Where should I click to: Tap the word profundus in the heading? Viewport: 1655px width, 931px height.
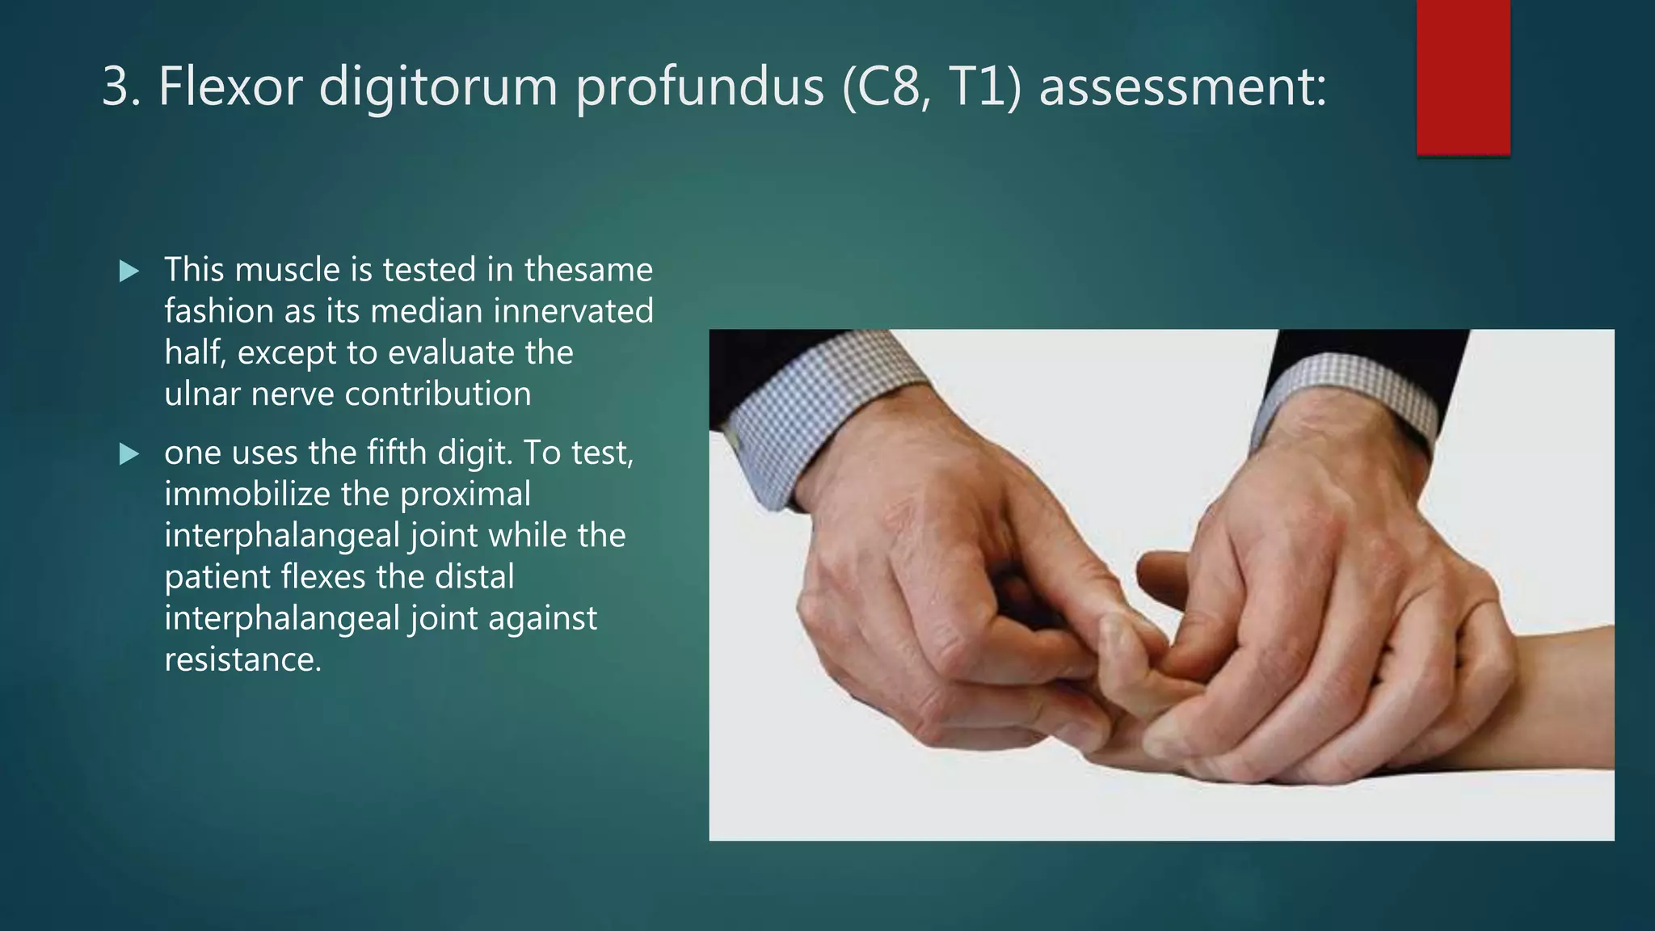[700, 86]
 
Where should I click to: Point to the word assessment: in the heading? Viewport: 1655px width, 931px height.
[1182, 86]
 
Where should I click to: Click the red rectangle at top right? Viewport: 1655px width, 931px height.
[1463, 77]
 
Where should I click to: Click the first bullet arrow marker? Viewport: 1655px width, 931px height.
[128, 271]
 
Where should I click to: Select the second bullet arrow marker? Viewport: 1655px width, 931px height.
[128, 454]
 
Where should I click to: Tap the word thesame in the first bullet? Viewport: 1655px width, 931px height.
[587, 270]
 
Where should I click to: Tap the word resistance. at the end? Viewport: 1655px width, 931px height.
[242, 659]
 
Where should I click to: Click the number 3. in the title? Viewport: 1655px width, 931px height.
[121, 86]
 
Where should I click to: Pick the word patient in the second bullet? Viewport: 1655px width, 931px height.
[217, 577]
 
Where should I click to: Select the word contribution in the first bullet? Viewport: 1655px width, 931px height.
[438, 394]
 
